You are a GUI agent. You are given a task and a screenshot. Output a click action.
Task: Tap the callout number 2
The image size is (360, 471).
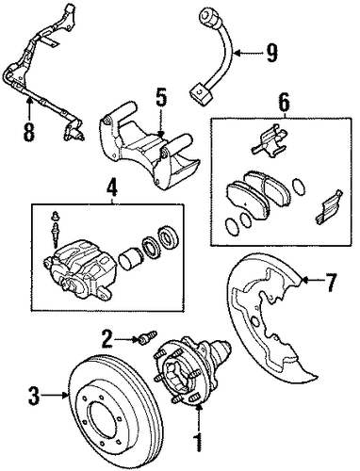tap(107, 339)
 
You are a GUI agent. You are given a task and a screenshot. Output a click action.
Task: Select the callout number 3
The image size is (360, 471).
tap(34, 396)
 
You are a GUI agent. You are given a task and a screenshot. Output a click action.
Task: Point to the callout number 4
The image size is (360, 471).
tap(112, 189)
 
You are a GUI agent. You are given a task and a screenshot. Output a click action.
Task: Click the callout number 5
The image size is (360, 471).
tap(161, 98)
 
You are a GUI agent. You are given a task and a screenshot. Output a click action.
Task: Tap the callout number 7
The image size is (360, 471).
tap(330, 283)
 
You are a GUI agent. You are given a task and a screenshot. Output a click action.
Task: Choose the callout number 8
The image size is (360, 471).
tap(28, 132)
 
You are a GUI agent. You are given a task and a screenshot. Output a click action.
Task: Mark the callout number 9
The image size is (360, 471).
tap(271, 53)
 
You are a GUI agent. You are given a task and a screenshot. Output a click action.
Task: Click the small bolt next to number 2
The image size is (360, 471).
tap(147, 337)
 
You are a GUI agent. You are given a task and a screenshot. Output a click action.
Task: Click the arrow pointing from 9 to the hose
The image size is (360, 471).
tap(247, 54)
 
